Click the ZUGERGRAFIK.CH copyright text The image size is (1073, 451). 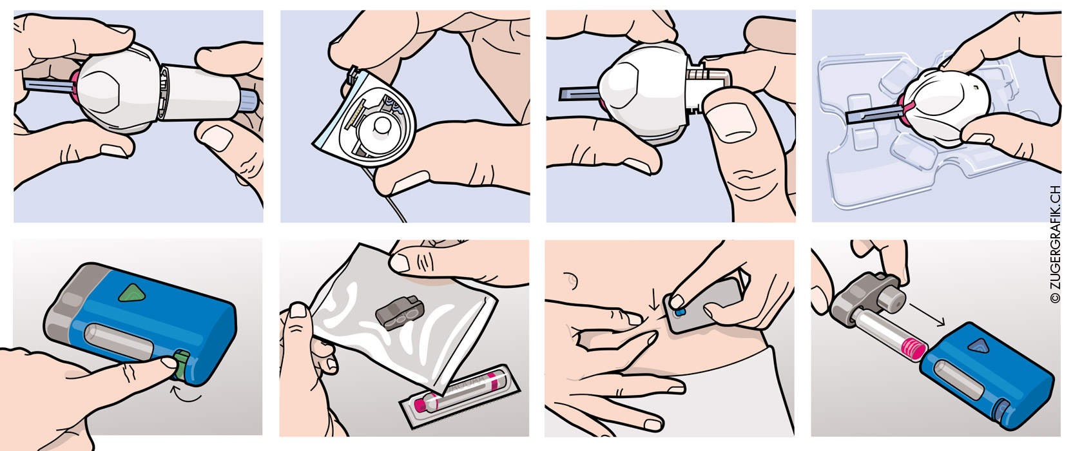coord(1054,244)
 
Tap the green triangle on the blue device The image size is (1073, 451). coord(132,293)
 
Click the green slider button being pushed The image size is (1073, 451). coord(181,365)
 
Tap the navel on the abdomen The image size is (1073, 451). coord(570,279)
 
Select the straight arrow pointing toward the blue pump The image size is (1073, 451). coord(927,314)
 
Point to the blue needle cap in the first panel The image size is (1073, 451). coord(48,86)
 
